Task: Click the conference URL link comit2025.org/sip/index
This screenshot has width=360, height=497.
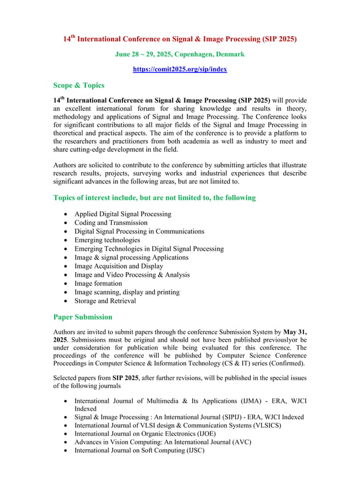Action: [179, 69]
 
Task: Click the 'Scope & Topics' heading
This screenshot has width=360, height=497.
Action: [78, 85]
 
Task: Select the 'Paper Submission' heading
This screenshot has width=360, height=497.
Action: [82, 317]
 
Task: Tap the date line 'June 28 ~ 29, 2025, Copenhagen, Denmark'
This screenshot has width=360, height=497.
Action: [179, 54]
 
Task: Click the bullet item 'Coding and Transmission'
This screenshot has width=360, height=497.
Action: [111, 223]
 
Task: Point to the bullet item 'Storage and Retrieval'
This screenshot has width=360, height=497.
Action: [105, 300]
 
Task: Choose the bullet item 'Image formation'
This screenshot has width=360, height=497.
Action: [98, 284]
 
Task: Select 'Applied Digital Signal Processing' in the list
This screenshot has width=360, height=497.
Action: [122, 214]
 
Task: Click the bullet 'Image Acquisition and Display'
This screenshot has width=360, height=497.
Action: [118, 266]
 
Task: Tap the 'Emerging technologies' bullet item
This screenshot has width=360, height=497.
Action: [107, 240]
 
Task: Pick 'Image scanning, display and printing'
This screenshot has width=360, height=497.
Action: [127, 292]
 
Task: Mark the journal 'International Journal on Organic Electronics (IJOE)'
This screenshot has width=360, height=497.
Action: [145, 433]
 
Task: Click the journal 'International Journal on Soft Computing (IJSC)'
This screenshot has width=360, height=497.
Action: [139, 450]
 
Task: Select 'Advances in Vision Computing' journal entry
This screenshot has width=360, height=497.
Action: [163, 442]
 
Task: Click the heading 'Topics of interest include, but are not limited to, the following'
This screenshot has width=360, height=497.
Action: [154, 198]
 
